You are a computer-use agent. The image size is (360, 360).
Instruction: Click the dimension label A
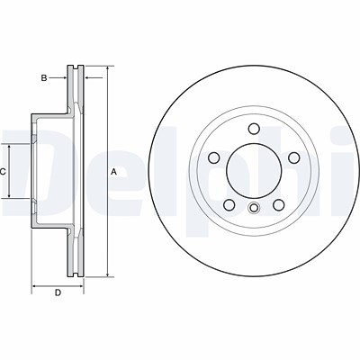pos(113,172)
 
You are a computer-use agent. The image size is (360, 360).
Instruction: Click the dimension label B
pos(44,78)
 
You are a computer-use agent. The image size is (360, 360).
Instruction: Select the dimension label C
pos(3,172)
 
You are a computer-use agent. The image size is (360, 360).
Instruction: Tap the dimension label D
pos(58,292)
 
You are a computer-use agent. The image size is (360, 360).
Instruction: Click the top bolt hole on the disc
pos(254,129)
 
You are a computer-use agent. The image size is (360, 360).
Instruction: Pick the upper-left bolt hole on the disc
pos(214,157)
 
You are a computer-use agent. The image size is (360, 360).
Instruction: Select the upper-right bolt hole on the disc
pos(294,157)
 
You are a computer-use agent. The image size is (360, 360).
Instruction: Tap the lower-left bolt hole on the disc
pos(229,205)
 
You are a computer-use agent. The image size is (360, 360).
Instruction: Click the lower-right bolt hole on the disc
pos(279,205)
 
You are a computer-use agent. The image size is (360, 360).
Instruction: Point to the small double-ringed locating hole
pos(254,208)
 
